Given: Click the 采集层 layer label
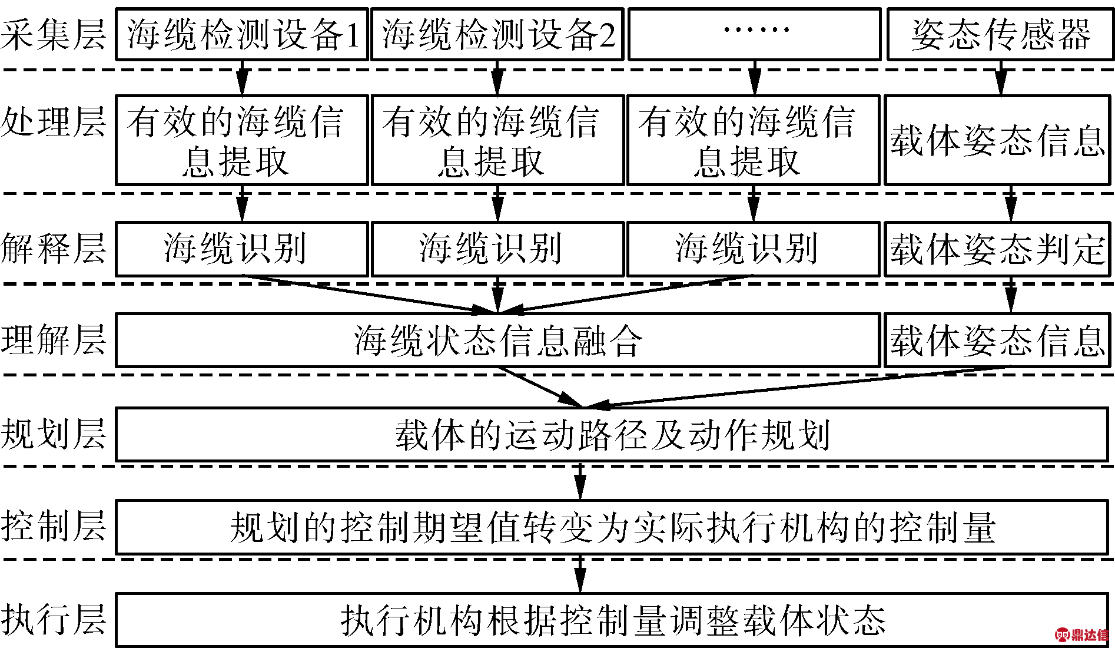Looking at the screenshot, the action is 53,34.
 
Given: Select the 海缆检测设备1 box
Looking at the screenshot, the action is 242,34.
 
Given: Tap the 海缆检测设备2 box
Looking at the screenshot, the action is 497,34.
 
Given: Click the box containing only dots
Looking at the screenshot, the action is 755,34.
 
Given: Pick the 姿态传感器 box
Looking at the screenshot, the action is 1000,34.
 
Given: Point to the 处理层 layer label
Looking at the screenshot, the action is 53,122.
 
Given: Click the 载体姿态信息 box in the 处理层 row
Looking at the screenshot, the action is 997,140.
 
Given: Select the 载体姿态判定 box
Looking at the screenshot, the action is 997,249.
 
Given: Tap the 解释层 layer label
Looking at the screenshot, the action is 53,248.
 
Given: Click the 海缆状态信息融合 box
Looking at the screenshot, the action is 498,340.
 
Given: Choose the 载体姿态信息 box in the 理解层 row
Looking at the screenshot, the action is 997,340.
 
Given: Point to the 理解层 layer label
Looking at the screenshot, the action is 53,340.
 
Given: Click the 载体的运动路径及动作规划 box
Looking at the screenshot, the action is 612,434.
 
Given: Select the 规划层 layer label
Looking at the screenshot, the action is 53,434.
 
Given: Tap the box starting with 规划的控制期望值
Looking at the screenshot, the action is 612,527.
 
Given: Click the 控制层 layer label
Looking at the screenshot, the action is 53,526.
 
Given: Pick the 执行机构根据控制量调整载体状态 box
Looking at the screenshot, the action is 612,620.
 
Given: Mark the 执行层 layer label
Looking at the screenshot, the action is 53,619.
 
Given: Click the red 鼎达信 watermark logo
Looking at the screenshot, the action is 1082,634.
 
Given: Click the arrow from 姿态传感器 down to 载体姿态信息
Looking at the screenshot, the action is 1000,78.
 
